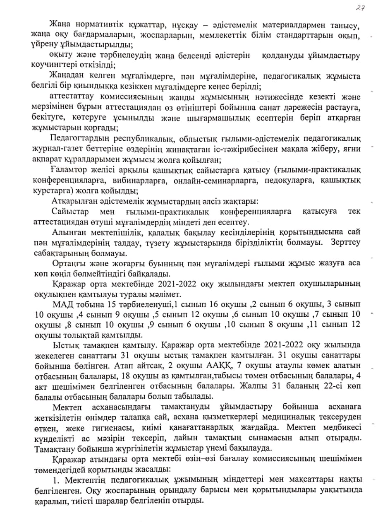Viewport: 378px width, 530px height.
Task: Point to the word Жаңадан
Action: tap(66, 76)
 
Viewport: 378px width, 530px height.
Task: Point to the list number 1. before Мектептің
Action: tap(56, 479)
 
